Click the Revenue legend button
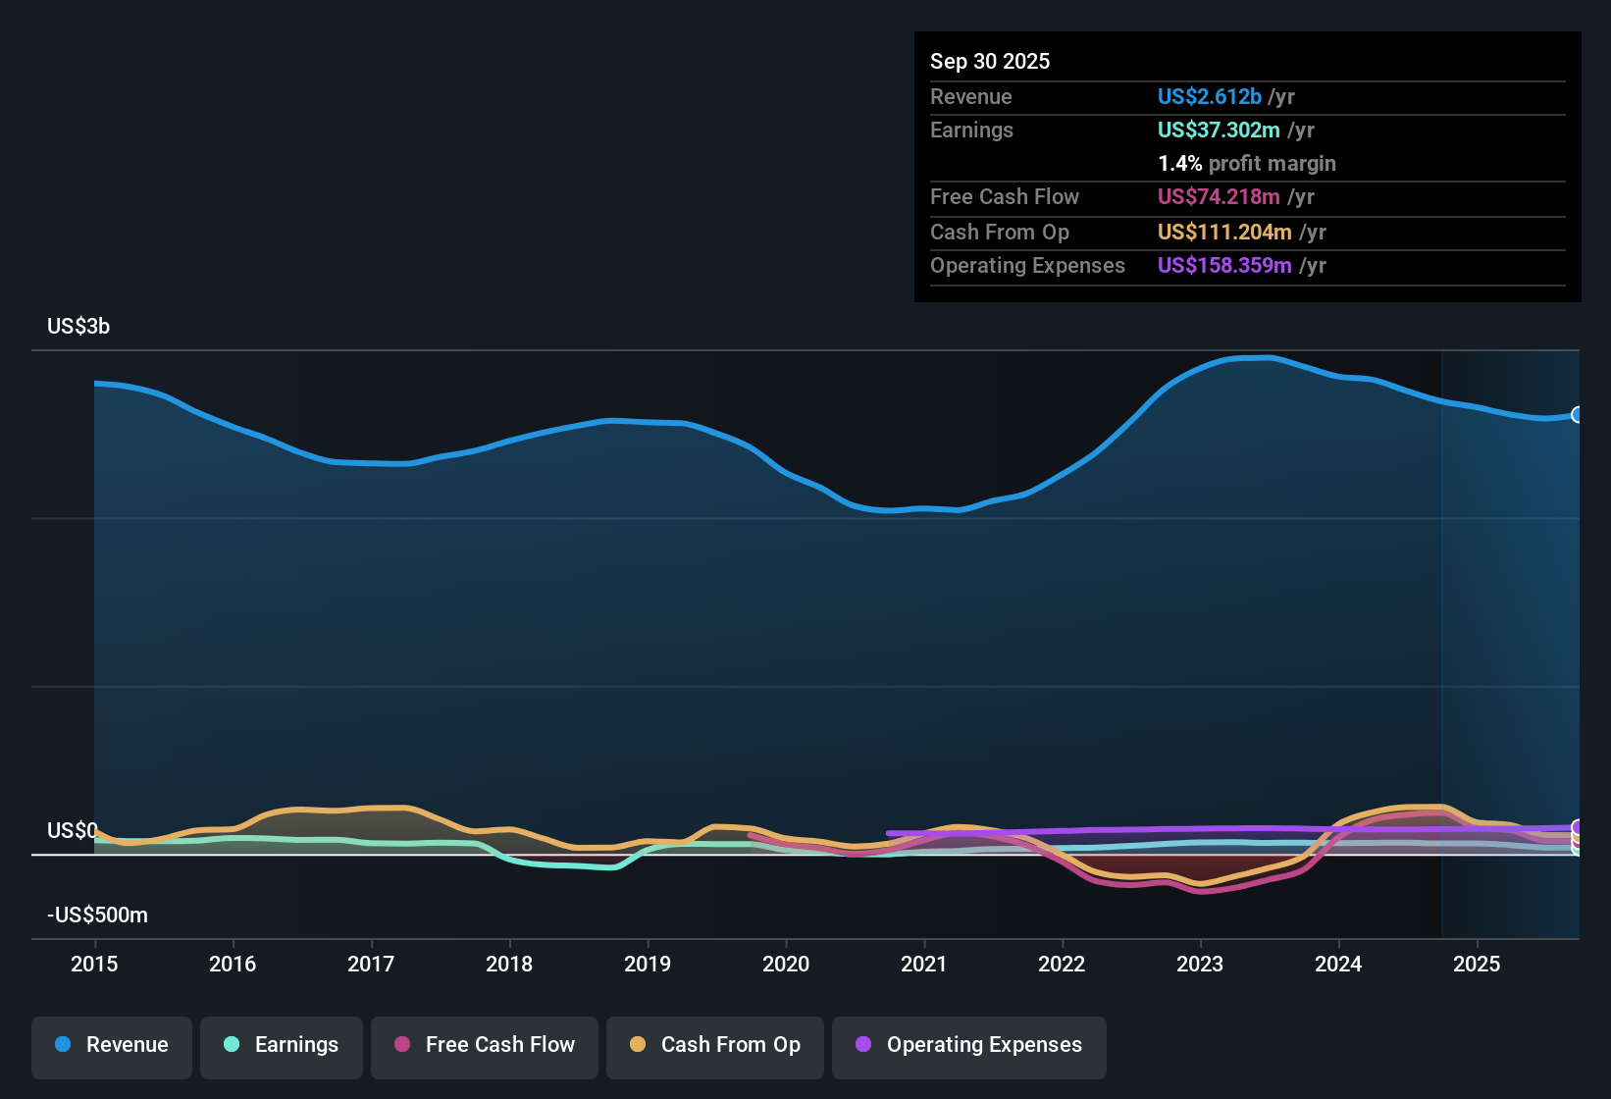coord(112,1045)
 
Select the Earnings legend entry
coord(282,1045)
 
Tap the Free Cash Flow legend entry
coord(485,1045)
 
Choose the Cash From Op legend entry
coord(715,1045)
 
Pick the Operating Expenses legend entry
coord(969,1045)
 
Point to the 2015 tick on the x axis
coord(94,964)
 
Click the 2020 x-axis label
coord(786,964)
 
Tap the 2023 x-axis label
coord(1200,964)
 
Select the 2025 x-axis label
coord(1477,964)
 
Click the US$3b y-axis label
coord(78,326)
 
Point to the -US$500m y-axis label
coord(97,915)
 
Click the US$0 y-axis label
coord(72,830)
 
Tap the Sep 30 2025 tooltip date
coord(989,61)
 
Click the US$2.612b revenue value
coord(1209,96)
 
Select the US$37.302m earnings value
coord(1218,130)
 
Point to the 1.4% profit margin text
coord(1246,163)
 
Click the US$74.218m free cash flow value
coord(1218,196)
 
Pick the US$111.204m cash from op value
coord(1223,232)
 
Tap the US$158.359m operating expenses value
coord(1223,265)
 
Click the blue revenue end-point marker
coord(1578,415)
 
